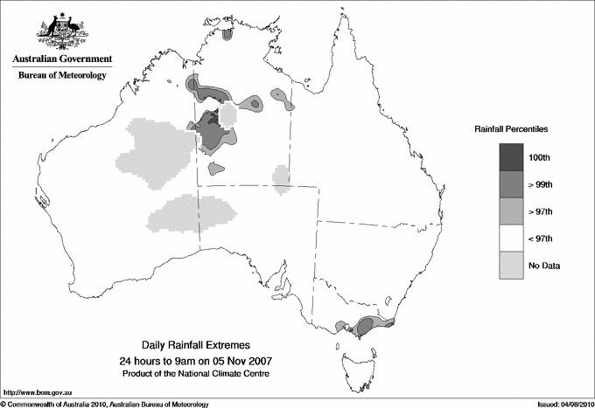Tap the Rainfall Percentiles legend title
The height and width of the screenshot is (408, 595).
[511, 128]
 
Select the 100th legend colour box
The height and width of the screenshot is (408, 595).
[511, 156]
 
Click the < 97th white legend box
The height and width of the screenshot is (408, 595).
[511, 238]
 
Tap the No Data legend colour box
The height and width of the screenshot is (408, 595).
[511, 265]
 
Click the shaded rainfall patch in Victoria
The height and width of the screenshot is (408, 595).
[366, 327]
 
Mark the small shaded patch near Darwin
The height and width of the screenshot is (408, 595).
[228, 35]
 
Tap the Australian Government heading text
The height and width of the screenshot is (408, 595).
[61, 59]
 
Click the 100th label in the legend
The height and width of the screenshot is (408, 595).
[540, 156]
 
